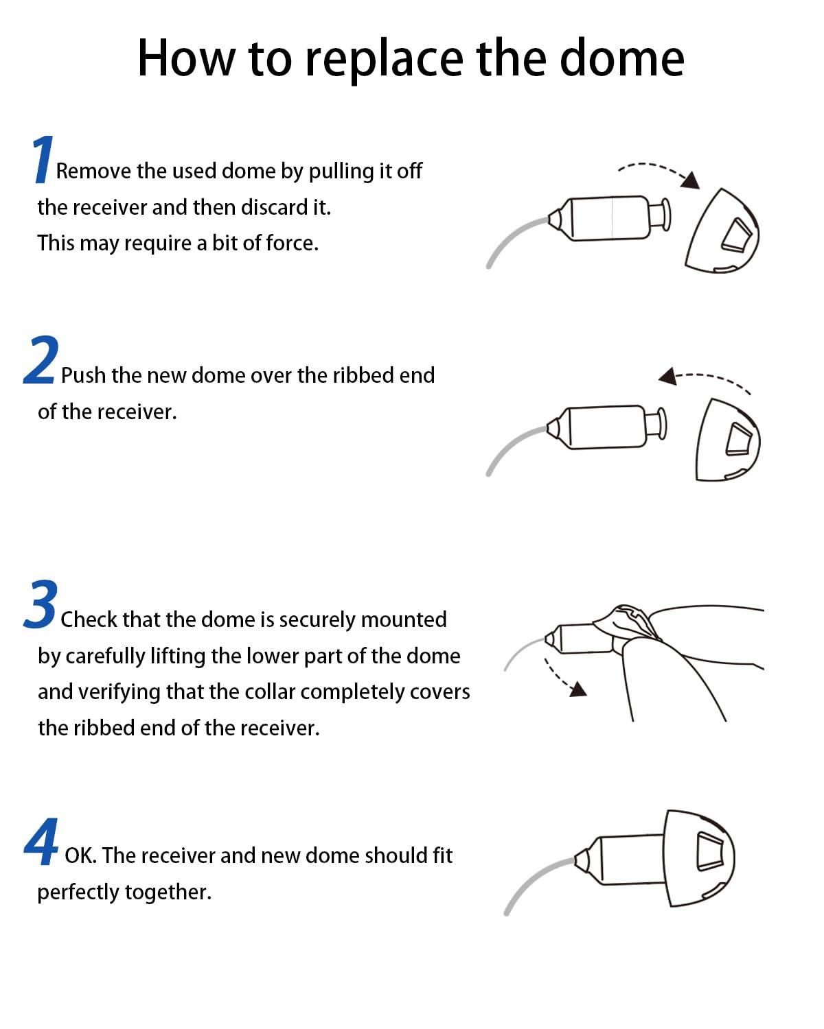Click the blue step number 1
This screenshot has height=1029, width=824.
(x=43, y=160)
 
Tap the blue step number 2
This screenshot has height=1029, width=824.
(x=41, y=361)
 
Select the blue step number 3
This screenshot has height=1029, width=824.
(x=41, y=604)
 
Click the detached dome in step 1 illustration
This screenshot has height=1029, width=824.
(x=722, y=232)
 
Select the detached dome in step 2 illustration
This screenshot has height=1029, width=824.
(x=727, y=439)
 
